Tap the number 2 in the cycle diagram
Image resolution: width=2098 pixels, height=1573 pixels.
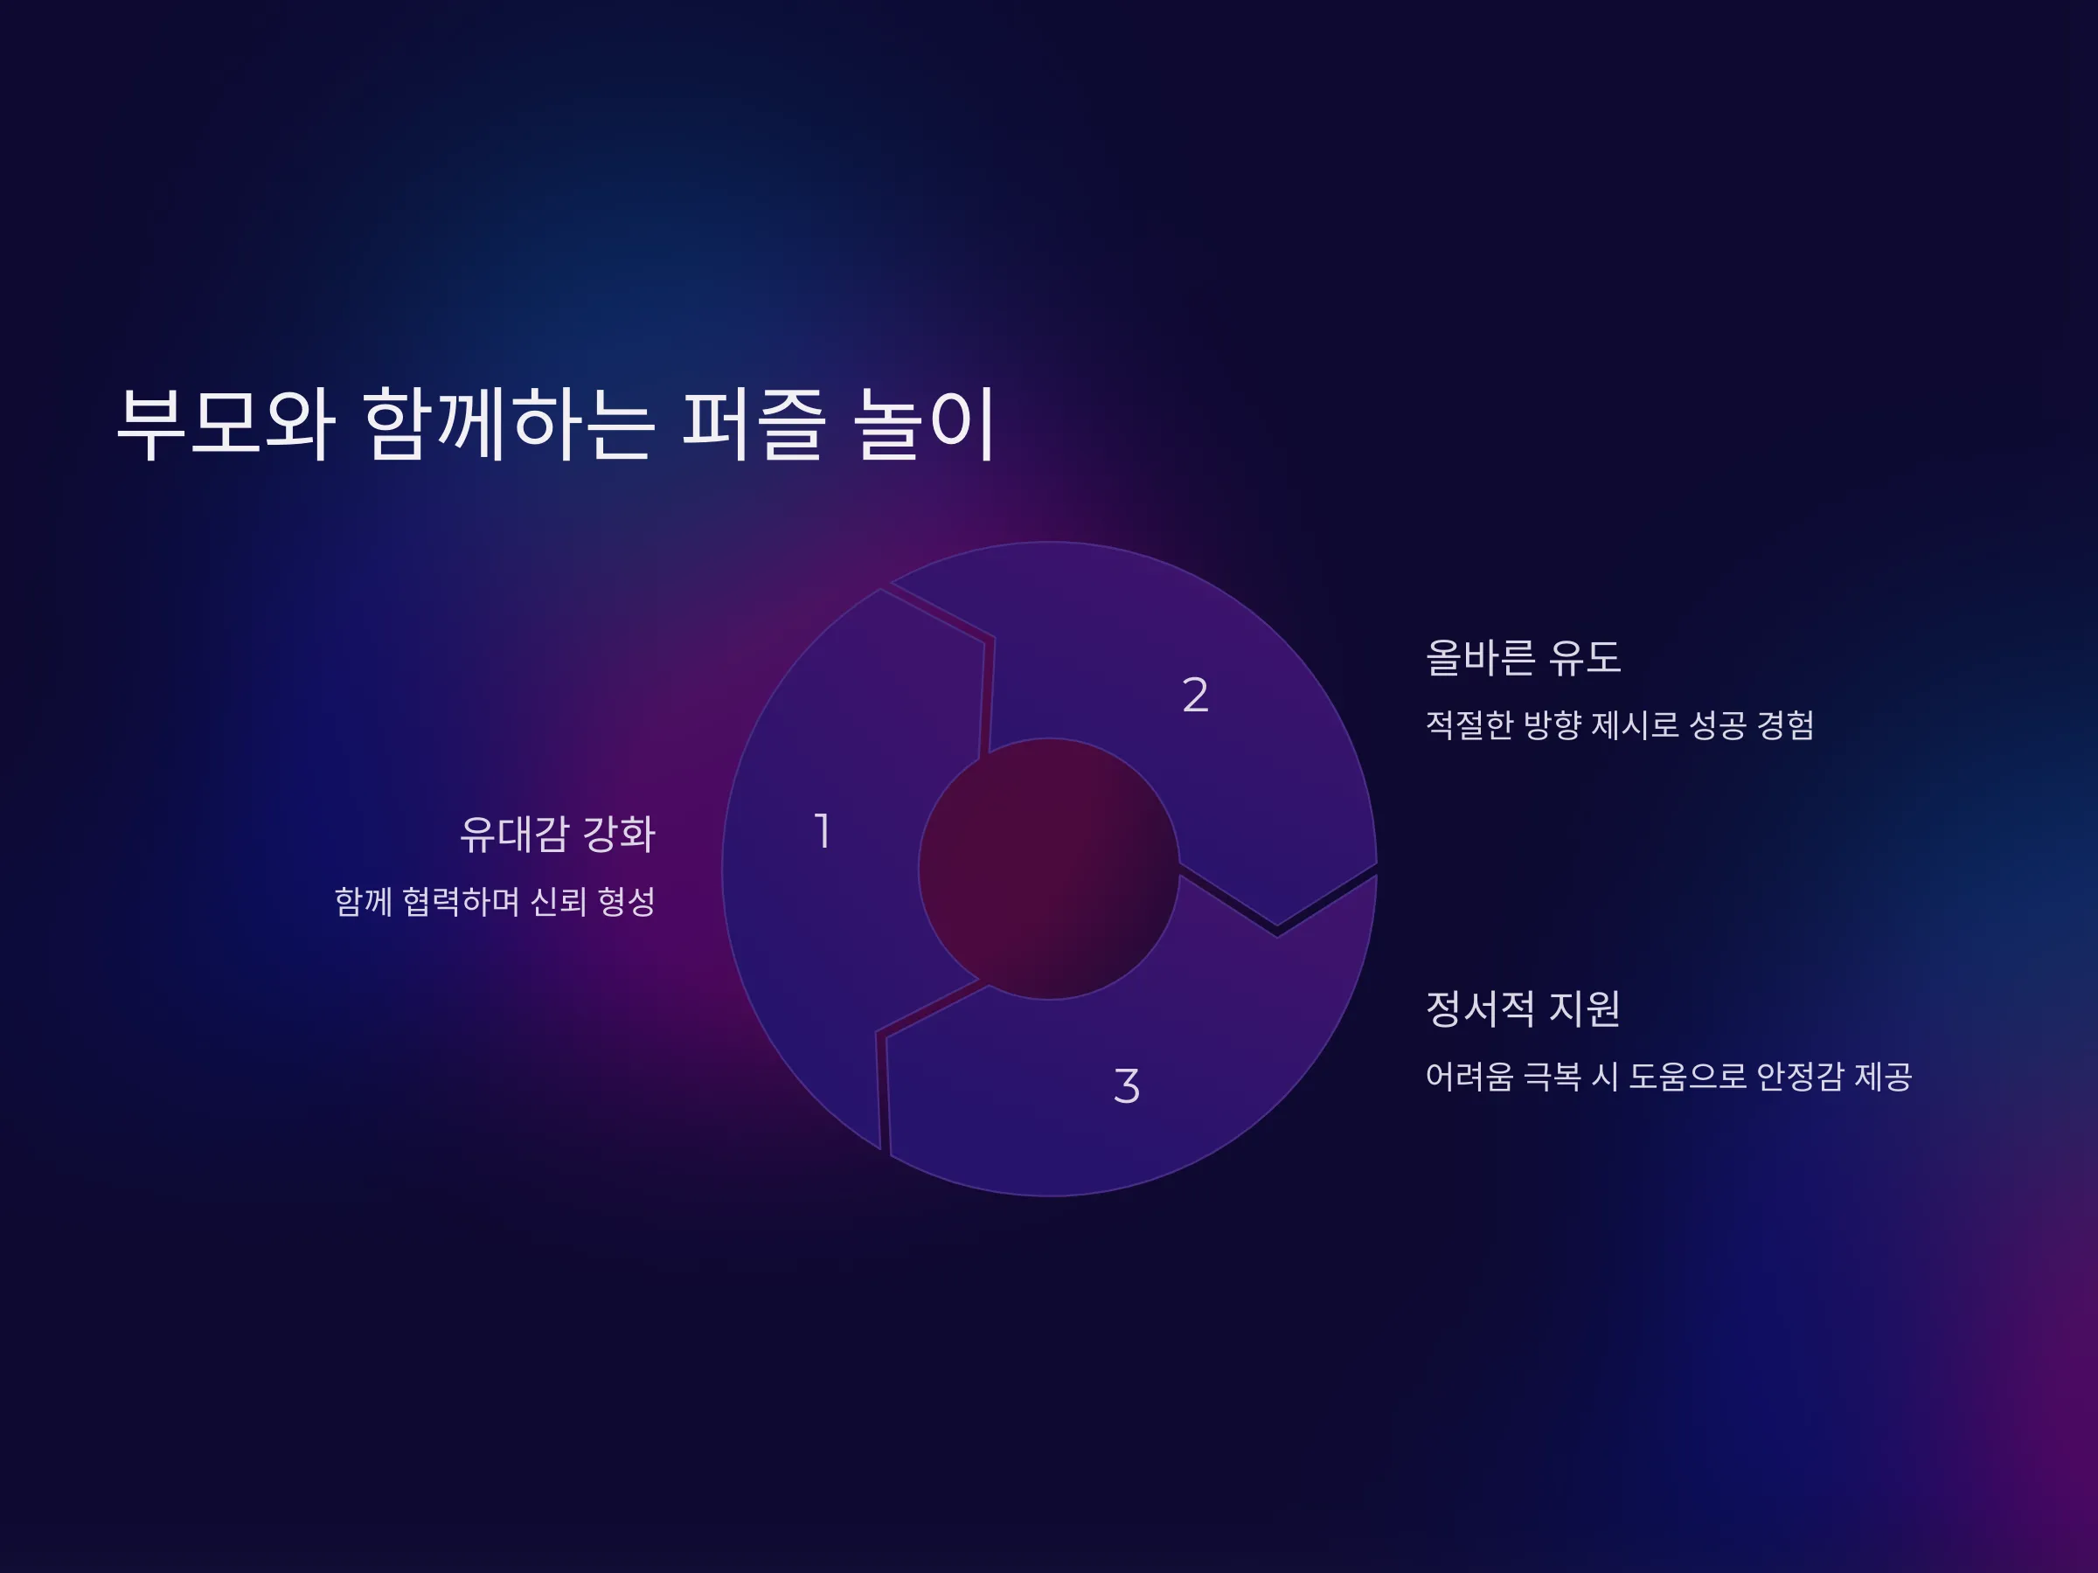1195,694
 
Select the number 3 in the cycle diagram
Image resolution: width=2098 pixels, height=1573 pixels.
1127,1085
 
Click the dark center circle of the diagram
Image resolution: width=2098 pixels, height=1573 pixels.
1049,868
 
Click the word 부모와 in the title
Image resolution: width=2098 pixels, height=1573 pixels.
226,423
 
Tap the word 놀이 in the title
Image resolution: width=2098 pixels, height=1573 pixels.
924,423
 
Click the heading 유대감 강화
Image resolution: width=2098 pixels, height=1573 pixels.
558,835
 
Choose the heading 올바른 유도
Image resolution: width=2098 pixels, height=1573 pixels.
1523,657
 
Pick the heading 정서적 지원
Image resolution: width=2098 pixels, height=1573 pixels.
1523,1008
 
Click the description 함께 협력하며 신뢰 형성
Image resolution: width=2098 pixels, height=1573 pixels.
495,901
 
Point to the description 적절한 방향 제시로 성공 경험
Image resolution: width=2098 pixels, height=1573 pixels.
1620,724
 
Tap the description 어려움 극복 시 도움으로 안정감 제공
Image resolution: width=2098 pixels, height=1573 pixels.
1668,1076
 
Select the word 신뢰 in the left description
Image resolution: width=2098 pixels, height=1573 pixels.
559,901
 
